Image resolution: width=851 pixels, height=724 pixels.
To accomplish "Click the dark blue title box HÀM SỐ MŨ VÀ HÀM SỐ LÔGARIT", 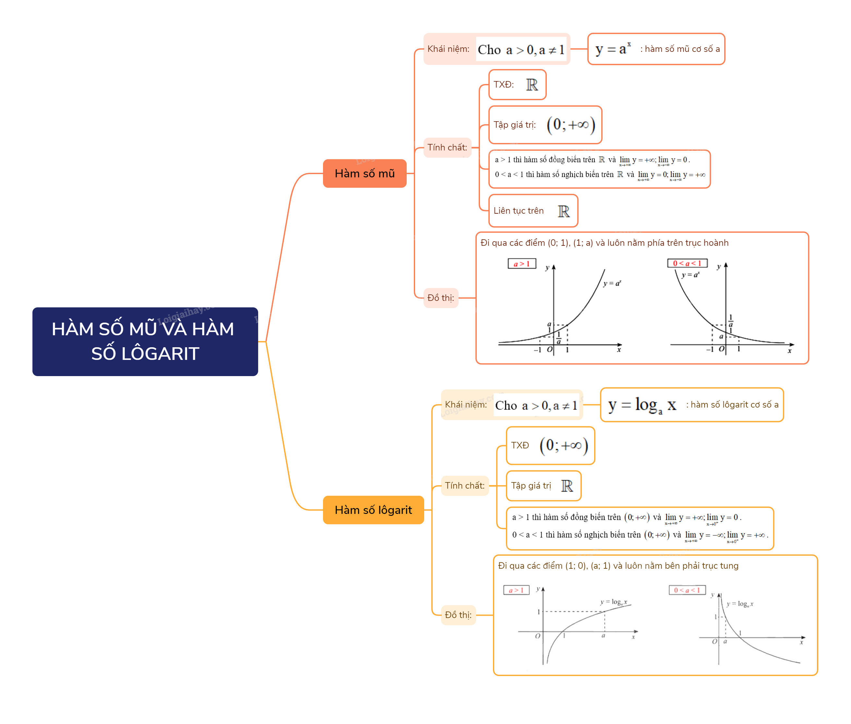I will (x=145, y=341).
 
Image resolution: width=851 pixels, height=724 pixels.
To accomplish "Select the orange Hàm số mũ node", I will (x=364, y=173).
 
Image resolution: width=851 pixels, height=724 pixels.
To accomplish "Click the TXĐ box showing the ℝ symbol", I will (x=517, y=85).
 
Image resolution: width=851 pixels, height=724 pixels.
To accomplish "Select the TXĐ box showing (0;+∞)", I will (x=550, y=445).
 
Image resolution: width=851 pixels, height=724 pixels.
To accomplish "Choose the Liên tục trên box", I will (x=533, y=210).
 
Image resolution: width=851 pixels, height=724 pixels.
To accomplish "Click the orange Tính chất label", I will (x=447, y=147).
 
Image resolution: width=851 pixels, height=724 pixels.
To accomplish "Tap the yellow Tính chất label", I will (x=464, y=486).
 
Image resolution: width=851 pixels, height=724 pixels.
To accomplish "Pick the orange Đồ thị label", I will (x=440, y=298).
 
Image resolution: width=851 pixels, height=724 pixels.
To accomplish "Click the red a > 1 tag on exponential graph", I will (x=521, y=264).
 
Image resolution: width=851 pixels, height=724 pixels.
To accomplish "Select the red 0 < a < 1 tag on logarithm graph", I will (x=687, y=590).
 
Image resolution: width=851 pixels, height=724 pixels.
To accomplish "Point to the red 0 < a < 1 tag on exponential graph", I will (x=687, y=263).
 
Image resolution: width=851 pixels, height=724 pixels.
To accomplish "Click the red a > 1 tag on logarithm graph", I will (x=516, y=590).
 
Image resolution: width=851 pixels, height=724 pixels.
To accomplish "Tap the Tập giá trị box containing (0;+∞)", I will (x=545, y=125).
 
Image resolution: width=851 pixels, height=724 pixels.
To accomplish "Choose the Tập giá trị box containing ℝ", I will (x=543, y=486).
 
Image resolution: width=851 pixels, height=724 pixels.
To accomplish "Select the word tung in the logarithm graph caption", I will (x=729, y=565).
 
